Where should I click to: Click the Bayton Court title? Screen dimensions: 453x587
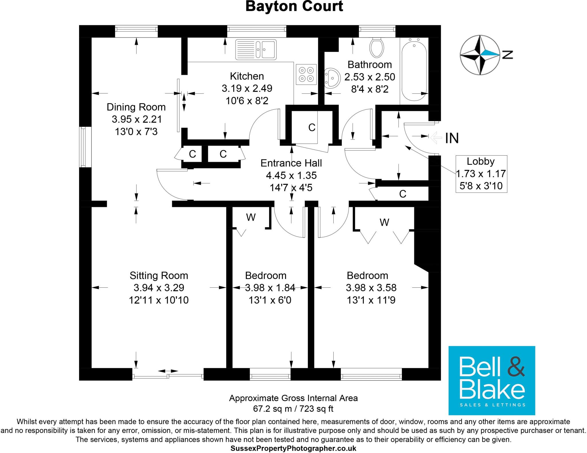294,6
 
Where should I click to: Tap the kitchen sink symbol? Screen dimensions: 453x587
256,50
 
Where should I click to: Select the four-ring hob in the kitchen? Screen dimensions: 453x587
306,74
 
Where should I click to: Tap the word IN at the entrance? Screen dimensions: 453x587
452,138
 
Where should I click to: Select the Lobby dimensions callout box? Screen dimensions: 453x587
481,174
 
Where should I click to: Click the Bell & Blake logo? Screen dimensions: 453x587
492,380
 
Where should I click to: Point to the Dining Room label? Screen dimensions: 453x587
136,107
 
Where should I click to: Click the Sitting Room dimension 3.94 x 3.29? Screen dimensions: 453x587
159,288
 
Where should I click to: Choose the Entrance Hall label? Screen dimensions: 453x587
291,163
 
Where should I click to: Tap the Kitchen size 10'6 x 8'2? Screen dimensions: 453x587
247,101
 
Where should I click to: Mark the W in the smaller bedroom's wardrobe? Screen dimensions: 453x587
251,217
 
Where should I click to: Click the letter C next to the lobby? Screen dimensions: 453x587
403,194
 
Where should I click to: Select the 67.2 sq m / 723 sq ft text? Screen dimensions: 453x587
293,409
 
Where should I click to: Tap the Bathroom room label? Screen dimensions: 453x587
369,65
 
